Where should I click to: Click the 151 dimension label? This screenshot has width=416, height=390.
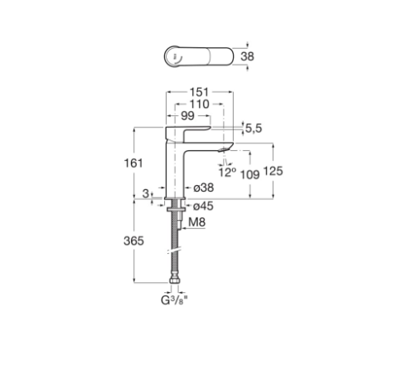(199, 92)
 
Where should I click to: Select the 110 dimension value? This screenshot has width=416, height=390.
(199, 105)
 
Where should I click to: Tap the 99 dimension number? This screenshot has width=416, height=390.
(187, 116)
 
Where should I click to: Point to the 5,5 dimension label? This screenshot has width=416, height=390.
(254, 129)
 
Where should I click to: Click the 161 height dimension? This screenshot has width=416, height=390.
(133, 163)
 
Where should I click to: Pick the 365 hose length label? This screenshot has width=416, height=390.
(133, 241)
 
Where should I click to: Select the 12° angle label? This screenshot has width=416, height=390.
(227, 172)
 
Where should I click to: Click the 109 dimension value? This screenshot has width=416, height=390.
(250, 174)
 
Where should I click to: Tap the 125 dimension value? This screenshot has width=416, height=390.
(273, 171)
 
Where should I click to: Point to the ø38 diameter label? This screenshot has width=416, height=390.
(204, 188)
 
